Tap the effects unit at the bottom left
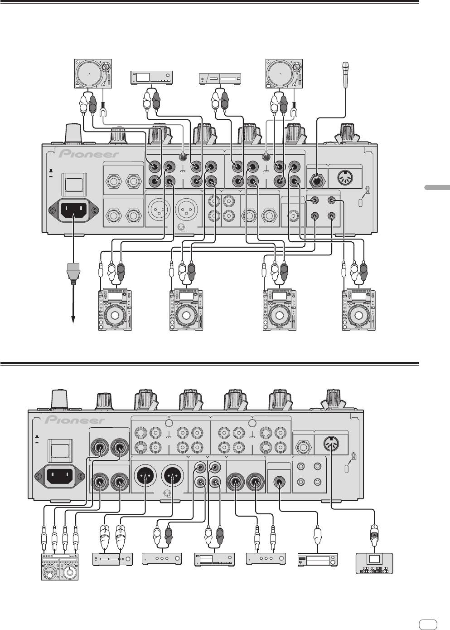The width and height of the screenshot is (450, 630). (x=59, y=567)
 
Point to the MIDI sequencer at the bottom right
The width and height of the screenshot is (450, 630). (x=374, y=563)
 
